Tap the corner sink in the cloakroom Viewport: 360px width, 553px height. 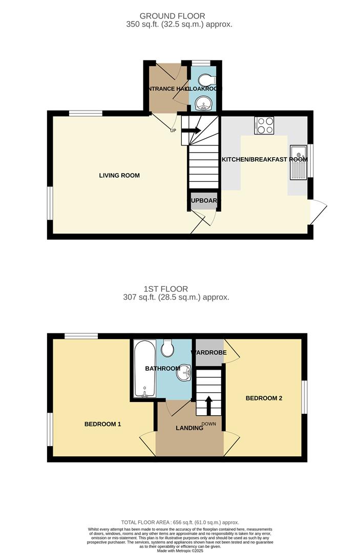(205, 104)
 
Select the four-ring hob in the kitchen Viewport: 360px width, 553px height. (264, 125)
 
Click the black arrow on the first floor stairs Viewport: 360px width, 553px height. (209, 405)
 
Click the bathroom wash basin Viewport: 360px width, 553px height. (184, 374)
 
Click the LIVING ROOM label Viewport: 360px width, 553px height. (119, 176)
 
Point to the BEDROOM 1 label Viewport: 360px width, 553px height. (102, 424)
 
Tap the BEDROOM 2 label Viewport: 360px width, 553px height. (264, 398)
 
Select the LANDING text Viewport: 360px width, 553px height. (189, 428)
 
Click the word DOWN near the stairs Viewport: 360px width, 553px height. (209, 424)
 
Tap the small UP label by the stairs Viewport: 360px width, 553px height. (173, 130)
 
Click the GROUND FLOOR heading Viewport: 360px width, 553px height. (179, 15)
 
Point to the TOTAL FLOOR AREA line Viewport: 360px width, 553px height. (179, 522)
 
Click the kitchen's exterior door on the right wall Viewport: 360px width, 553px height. (319, 211)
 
